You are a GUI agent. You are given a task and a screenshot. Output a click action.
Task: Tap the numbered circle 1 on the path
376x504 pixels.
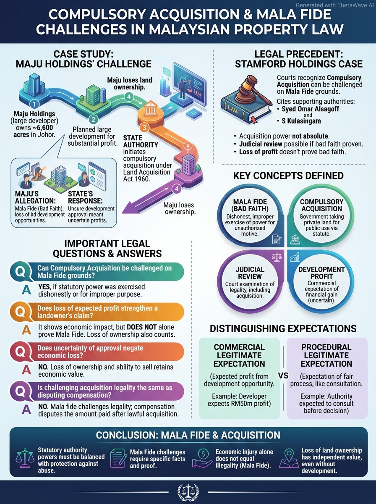pyautogui.click(x=34, y=105)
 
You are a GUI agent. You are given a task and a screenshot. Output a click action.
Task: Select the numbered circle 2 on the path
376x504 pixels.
pyautogui.click(x=93, y=120)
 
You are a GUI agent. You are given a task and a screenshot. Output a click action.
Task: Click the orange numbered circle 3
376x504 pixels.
pyautogui.click(x=144, y=127)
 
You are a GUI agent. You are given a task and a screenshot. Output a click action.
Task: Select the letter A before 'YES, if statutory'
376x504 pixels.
pyautogui.click(x=26, y=290)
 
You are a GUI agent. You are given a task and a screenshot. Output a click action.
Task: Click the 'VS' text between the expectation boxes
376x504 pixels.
pyautogui.click(x=283, y=375)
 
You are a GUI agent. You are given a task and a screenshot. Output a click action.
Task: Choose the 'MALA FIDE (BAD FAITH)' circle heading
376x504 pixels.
pyautogui.click(x=250, y=205)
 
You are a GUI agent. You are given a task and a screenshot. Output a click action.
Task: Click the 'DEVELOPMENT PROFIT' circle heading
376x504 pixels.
pyautogui.click(x=321, y=273)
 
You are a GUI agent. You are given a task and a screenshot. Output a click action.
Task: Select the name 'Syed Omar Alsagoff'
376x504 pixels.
pyautogui.click(x=310, y=109)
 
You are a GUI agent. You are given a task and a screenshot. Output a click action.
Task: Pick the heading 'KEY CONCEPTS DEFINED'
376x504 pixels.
pyautogui.click(x=288, y=176)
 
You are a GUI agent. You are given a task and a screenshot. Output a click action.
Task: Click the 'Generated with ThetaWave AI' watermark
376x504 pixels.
pyautogui.click(x=335, y=5)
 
